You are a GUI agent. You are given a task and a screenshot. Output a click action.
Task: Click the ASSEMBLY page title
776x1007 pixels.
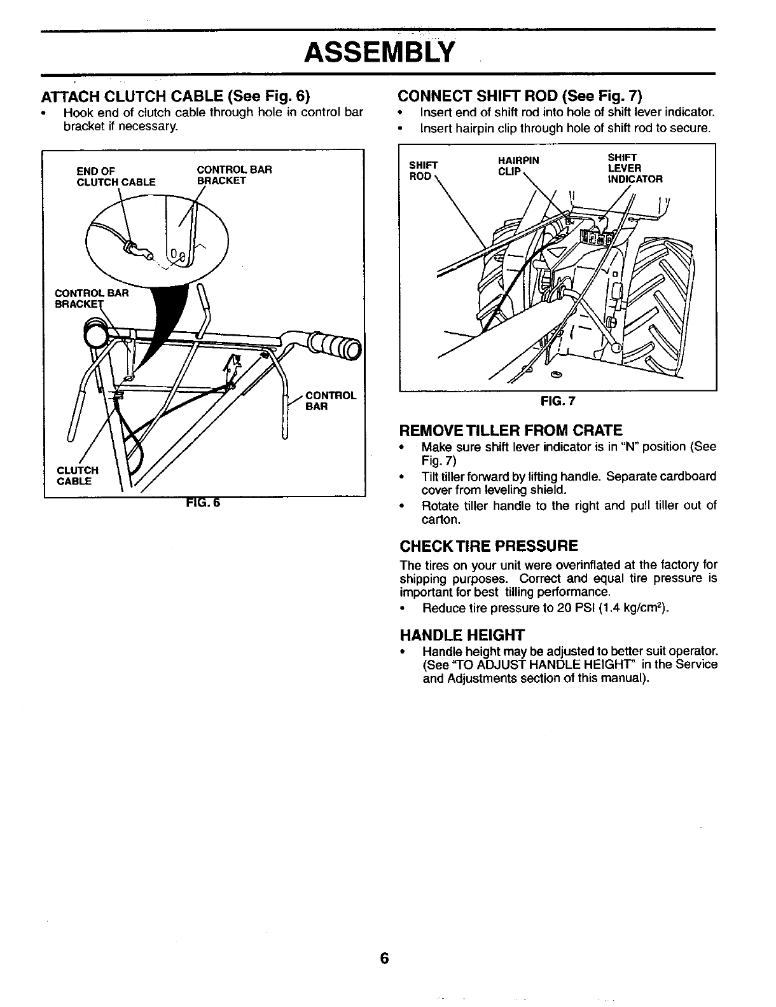[379, 52]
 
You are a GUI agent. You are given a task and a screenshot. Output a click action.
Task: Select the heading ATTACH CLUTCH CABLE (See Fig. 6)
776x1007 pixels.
[175, 97]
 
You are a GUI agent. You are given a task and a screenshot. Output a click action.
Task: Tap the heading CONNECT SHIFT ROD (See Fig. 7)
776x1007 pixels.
[520, 96]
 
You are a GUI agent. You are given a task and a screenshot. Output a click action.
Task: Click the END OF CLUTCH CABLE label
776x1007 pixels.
[116, 176]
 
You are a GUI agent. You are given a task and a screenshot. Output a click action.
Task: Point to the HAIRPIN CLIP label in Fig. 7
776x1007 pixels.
[518, 166]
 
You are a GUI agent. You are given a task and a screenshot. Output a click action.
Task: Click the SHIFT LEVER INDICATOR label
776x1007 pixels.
[635, 168]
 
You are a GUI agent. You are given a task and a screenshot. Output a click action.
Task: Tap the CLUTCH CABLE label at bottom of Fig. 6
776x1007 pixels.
[78, 476]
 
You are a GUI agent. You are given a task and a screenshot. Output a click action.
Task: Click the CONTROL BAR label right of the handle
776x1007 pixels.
[331, 401]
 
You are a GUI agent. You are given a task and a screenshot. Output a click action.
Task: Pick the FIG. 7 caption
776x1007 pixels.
[557, 401]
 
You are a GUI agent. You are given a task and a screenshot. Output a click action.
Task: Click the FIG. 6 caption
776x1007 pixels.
[202, 503]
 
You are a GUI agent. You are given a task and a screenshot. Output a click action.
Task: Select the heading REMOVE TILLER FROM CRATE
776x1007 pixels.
[510, 430]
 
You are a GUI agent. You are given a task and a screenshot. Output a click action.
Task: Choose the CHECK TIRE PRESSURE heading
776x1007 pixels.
[488, 546]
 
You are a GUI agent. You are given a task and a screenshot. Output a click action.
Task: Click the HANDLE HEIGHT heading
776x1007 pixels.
[462, 635]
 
